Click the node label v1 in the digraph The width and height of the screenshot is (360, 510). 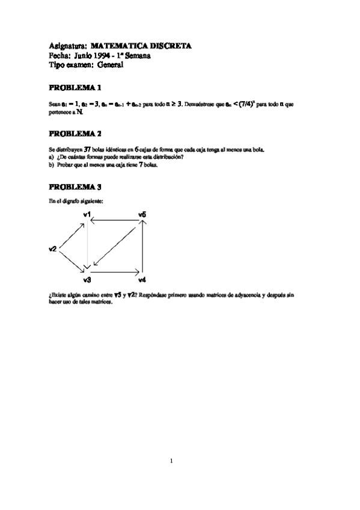tap(87, 214)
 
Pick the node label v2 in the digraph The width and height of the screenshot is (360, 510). tap(52, 248)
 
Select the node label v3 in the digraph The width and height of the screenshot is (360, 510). tap(87, 280)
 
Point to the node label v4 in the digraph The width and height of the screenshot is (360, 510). tap(142, 280)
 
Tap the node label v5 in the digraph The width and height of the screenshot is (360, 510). tap(142, 214)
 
